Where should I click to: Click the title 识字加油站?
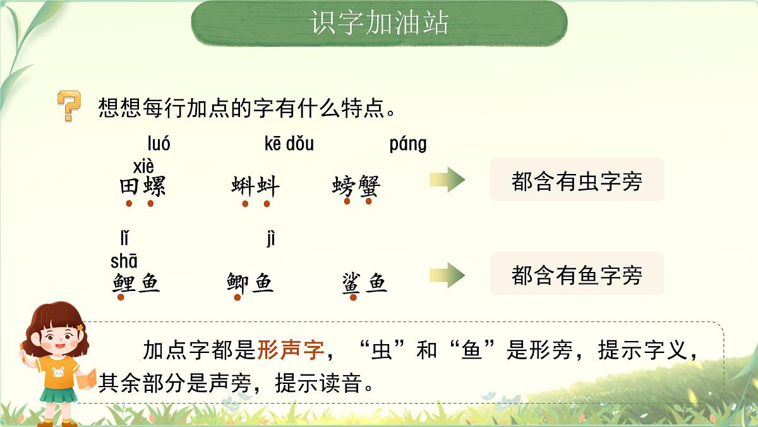click(x=379, y=23)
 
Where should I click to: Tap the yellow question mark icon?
click(x=69, y=106)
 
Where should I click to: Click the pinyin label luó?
click(x=159, y=144)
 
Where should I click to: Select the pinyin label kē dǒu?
click(x=289, y=144)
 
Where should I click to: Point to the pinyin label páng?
click(x=407, y=144)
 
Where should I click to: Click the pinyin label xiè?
click(x=143, y=167)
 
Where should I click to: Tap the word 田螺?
click(x=142, y=187)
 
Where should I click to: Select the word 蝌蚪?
click(x=255, y=187)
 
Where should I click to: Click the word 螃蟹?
click(x=356, y=187)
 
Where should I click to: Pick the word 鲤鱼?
click(x=136, y=282)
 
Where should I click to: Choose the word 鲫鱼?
click(x=250, y=282)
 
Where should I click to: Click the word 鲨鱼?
click(x=364, y=283)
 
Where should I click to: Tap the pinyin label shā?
click(x=124, y=261)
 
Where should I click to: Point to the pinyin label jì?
click(x=271, y=238)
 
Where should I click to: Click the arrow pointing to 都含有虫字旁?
click(x=447, y=180)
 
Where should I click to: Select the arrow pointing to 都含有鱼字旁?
click(x=447, y=275)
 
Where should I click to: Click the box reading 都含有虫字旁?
click(x=577, y=180)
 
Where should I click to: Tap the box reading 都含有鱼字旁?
click(x=577, y=274)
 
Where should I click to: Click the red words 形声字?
click(x=290, y=349)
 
